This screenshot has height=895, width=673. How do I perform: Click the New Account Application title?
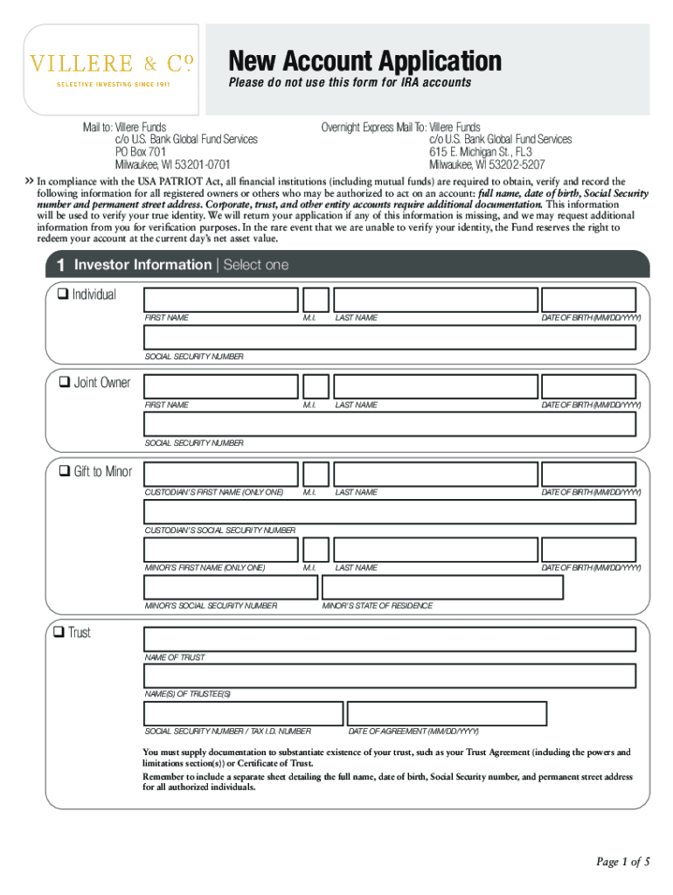pos(364,61)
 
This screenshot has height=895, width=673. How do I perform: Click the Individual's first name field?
pos(221,300)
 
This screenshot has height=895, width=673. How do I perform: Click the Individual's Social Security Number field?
pos(390,338)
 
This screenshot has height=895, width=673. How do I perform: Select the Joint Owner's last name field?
pos(434,387)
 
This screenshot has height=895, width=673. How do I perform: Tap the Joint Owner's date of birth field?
pos(587,387)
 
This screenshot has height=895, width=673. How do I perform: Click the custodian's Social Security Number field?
pos(390,512)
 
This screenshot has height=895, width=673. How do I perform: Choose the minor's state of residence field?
pos(442,587)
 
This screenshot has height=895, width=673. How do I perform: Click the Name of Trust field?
pos(390,639)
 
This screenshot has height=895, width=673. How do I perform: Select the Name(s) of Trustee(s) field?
pos(390,676)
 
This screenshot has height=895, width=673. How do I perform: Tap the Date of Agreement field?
pos(447,713)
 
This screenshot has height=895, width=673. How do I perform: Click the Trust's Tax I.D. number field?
pos(242,713)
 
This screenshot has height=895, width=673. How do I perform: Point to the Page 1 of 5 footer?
pos(622,862)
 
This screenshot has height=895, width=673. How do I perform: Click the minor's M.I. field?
pos(316,550)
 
